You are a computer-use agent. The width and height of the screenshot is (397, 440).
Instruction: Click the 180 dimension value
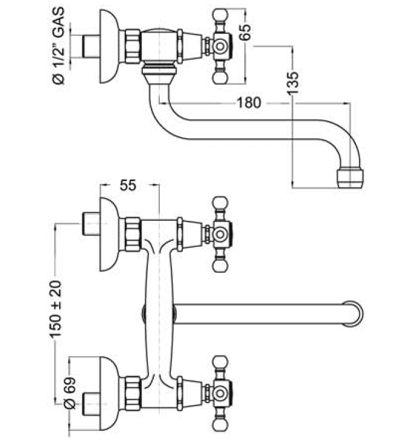point(249,103)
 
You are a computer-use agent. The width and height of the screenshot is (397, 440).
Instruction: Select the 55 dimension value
point(127,186)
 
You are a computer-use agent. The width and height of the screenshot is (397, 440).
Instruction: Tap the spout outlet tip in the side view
point(349,176)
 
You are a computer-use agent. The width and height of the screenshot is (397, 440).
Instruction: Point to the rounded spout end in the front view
point(355,313)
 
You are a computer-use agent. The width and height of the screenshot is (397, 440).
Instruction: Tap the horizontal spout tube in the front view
point(259,313)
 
